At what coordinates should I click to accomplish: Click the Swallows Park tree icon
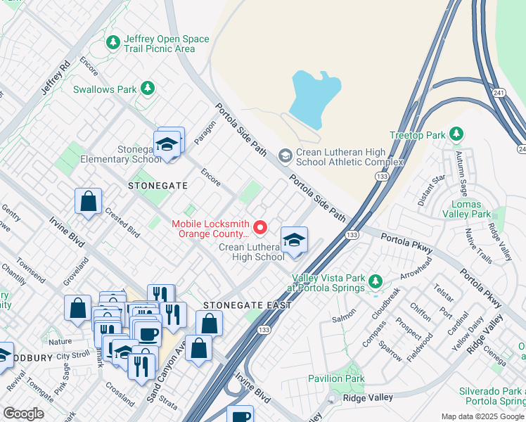click(147, 88)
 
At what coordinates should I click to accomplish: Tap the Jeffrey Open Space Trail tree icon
click(113, 44)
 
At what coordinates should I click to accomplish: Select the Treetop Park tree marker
click(456, 134)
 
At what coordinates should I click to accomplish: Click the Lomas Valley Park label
click(470, 209)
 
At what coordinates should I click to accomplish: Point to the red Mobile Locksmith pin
click(259, 226)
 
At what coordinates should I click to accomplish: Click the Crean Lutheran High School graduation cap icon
click(294, 239)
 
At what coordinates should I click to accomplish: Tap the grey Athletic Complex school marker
click(285, 155)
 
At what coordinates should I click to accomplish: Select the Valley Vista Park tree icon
click(376, 282)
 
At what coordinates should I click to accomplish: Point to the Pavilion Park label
click(336, 378)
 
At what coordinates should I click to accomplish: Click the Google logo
click(23, 413)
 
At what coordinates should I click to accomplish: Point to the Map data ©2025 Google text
click(482, 416)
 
